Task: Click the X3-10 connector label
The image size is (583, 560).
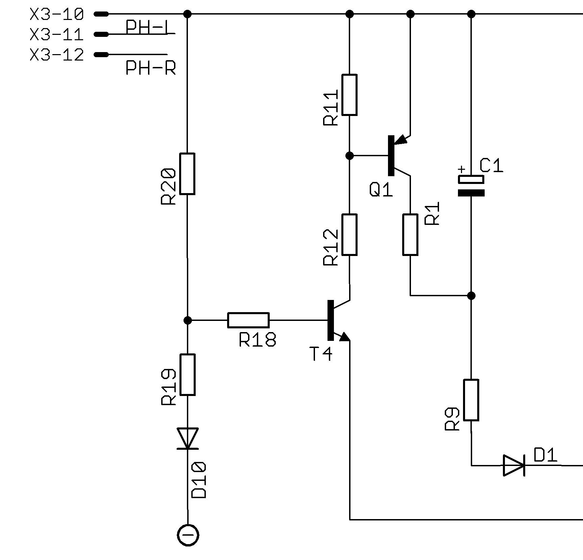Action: tap(56, 14)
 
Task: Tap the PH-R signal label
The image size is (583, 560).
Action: tap(150, 68)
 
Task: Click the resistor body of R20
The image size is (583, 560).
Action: tap(187, 174)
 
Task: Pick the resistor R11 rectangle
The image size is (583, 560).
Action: tap(349, 95)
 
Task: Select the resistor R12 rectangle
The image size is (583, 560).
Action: tap(349, 234)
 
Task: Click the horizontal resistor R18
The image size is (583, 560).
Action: tap(248, 320)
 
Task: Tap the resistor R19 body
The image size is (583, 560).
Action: tap(187, 374)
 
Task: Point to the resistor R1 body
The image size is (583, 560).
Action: tap(410, 234)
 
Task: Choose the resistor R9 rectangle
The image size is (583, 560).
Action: tap(471, 400)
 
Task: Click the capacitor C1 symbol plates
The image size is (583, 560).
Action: tap(471, 186)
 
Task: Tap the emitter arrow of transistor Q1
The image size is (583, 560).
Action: tap(401, 139)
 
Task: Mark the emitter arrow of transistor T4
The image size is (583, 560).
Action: tap(343, 337)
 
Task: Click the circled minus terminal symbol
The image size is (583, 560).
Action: tap(188, 535)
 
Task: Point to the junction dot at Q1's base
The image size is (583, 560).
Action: tap(350, 156)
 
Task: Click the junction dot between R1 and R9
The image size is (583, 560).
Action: tap(471, 296)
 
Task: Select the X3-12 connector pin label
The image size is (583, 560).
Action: tap(56, 55)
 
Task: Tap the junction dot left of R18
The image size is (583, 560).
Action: tap(187, 320)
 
